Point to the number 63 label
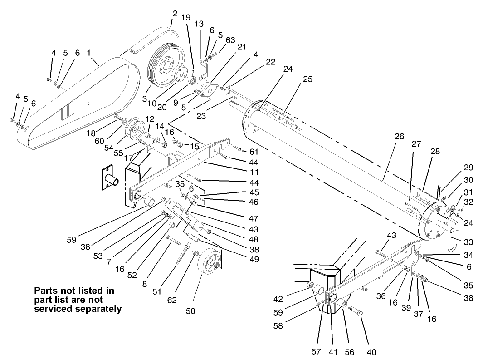(x=230, y=40)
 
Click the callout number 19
(x=186, y=18)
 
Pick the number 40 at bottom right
(x=371, y=352)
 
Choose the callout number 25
(x=307, y=79)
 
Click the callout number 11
(x=242, y=173)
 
